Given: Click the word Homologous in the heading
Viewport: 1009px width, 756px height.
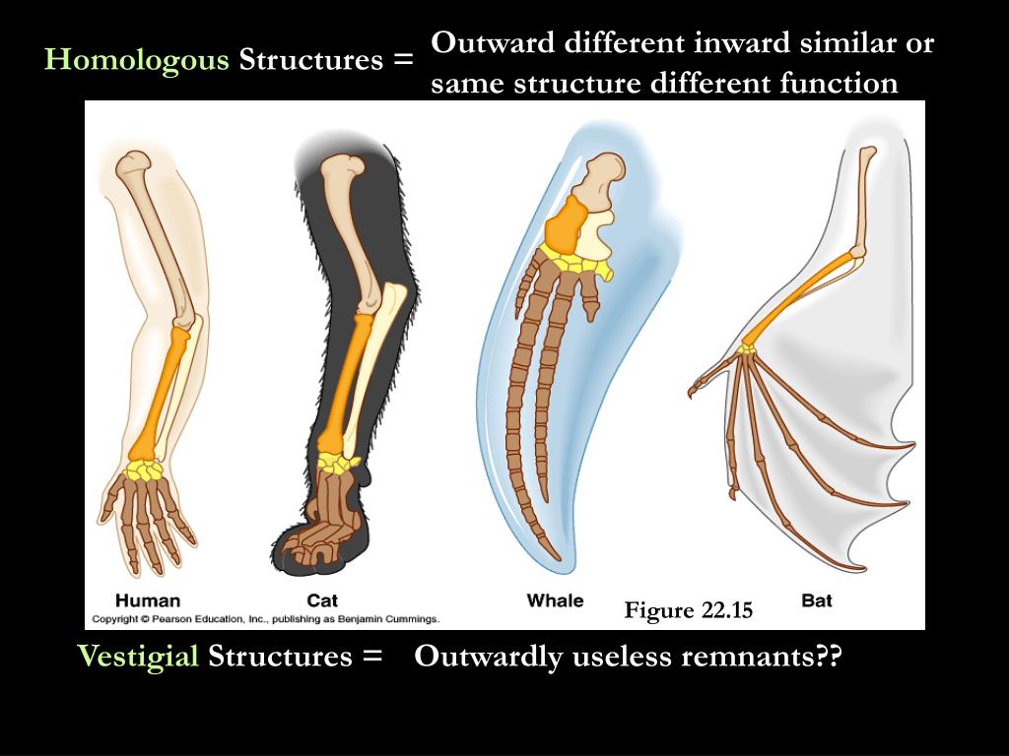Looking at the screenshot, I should click(137, 60).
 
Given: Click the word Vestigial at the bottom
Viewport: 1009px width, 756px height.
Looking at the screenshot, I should click(138, 657).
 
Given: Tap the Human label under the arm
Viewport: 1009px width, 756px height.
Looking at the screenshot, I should click(148, 600).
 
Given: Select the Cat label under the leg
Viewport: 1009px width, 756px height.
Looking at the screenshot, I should click(322, 600).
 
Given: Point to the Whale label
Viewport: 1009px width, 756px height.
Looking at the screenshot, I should click(555, 600).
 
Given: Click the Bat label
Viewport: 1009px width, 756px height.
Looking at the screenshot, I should click(817, 600).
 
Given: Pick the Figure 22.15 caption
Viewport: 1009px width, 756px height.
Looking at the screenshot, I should click(688, 610).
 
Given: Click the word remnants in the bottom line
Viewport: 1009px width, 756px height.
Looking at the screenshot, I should click(752, 657).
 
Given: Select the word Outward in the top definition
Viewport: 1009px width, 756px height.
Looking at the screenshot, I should click(493, 44).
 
